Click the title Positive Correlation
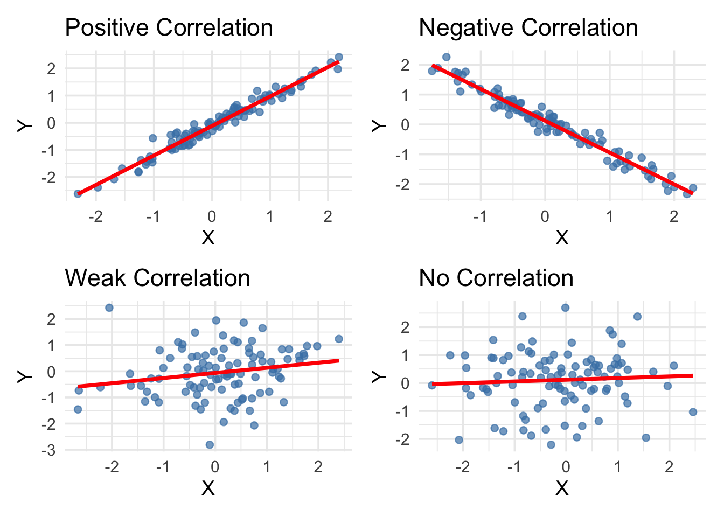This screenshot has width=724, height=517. [169, 28]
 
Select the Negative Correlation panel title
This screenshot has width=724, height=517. [528, 28]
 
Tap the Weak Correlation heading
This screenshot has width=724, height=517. [157, 278]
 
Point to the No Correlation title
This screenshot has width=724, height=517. [496, 278]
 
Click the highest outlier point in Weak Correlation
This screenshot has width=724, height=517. [109, 308]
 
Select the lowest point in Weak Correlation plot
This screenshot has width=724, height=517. [210, 445]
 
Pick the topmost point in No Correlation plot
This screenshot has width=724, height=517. [565, 308]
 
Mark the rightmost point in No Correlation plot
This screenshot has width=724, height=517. [693, 412]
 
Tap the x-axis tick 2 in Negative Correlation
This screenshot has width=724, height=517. [674, 216]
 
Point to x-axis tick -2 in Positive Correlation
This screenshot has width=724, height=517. [95, 216]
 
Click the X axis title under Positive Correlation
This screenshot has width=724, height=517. [208, 237]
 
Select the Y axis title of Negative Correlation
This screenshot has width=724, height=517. [379, 125]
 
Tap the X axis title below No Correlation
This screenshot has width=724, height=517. [562, 488]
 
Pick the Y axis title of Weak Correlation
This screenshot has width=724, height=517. [25, 375]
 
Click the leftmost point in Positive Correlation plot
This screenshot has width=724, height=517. [78, 193]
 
